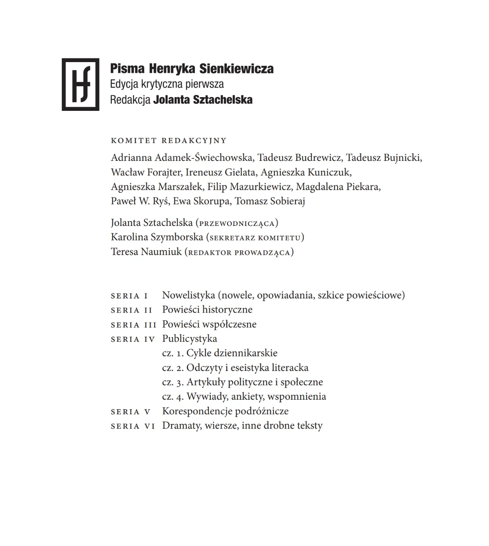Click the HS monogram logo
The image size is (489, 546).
80,85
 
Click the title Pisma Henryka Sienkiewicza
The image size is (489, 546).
192,68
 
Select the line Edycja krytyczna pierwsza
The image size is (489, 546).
167,84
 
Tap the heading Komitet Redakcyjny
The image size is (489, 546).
168,141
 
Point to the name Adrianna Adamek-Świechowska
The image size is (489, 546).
182,158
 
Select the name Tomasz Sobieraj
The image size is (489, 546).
270,201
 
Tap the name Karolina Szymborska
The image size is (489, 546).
157,238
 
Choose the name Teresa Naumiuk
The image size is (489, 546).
146,252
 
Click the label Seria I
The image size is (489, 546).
129,296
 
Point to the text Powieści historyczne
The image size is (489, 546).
207,310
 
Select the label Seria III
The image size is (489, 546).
133,325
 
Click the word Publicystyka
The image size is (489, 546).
190,339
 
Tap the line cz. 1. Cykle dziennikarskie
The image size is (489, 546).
220,353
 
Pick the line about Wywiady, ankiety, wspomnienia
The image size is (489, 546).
244,396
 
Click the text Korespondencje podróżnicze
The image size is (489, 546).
225,411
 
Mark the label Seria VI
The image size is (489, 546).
133,426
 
